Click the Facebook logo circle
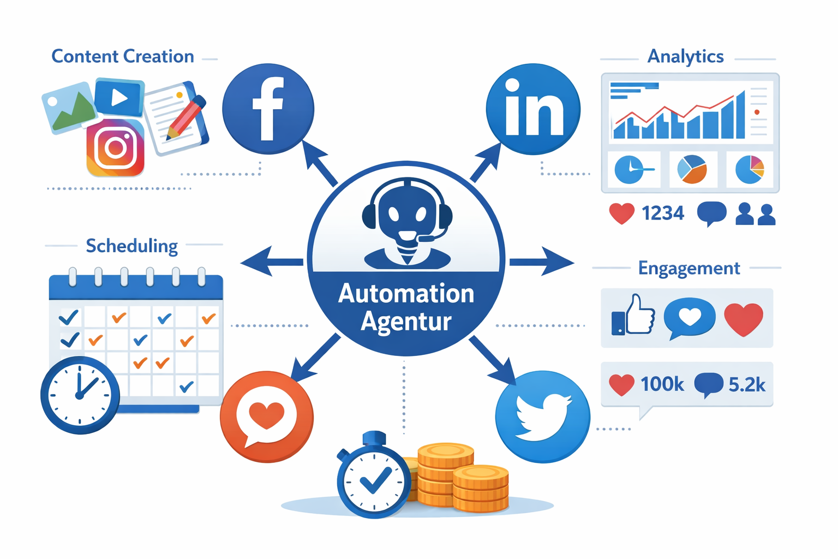click(x=268, y=109)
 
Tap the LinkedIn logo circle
click(x=533, y=109)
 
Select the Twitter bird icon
click(x=542, y=417)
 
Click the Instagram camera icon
click(x=115, y=148)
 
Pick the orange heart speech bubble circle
click(x=267, y=417)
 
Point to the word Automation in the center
click(x=406, y=294)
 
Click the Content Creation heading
click(x=123, y=56)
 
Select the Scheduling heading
click(x=132, y=246)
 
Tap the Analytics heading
click(x=685, y=56)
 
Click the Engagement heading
click(x=689, y=268)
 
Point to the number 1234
click(x=663, y=213)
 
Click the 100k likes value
click(x=662, y=384)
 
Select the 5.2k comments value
click(x=747, y=385)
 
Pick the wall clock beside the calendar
click(x=80, y=395)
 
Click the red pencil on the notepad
click(x=185, y=118)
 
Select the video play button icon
click(x=119, y=97)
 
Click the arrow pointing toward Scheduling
click(x=270, y=262)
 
